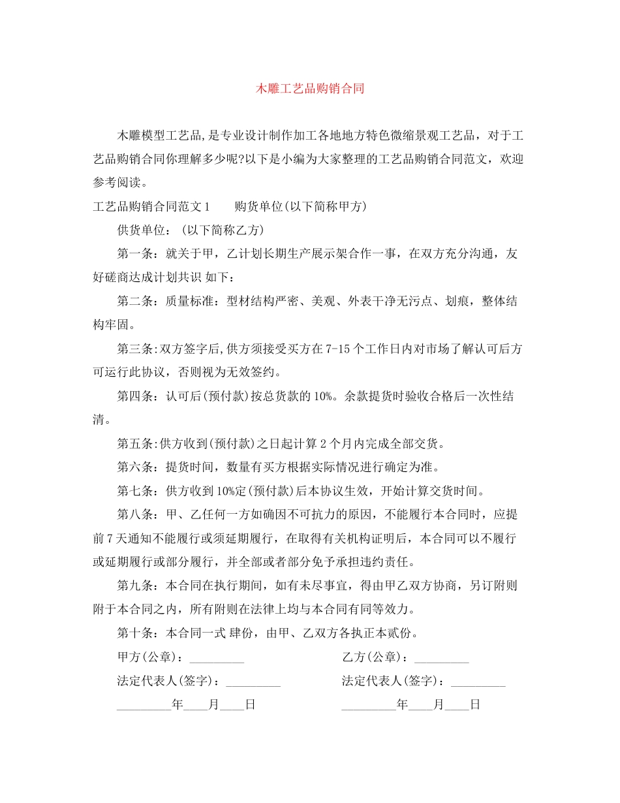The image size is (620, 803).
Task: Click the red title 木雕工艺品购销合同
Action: point(309,89)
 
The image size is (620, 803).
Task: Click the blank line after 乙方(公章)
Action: point(441,658)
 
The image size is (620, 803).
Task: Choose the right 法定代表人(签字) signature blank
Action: point(478,682)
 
